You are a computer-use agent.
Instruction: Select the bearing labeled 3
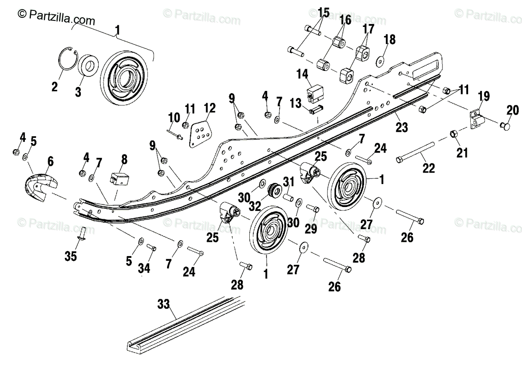click(88, 65)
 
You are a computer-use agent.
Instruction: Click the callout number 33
click(164, 304)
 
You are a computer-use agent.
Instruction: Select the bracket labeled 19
click(477, 120)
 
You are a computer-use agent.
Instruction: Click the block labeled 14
click(315, 93)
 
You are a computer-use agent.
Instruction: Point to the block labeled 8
click(119, 179)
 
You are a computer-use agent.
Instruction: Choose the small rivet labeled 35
click(82, 233)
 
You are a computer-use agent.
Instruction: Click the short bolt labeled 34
click(151, 247)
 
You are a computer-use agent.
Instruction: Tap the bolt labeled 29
click(312, 208)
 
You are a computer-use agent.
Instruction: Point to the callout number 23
click(402, 127)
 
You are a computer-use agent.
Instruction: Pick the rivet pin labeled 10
click(175, 135)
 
